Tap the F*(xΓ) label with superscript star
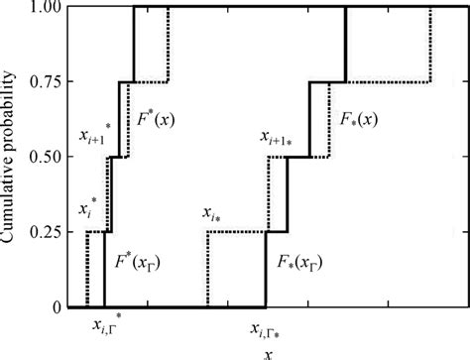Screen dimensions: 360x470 [139, 263]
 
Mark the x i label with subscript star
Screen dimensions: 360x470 [211, 213]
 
